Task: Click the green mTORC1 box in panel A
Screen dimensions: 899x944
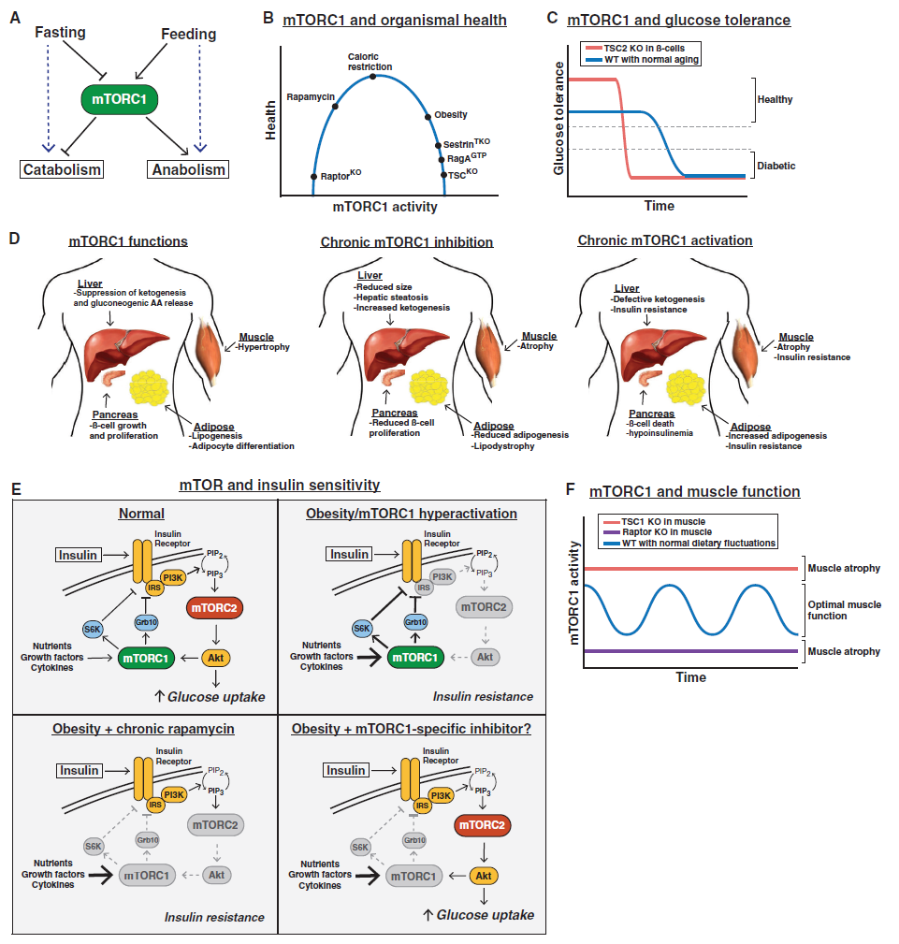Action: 119,99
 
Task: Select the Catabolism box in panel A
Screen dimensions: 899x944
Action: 62,169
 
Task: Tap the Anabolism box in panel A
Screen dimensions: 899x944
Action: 188,169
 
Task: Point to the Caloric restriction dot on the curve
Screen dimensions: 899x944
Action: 372,77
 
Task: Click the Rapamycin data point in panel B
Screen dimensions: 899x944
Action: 335,107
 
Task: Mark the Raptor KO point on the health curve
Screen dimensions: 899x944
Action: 313,177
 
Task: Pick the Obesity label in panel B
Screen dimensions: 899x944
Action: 450,114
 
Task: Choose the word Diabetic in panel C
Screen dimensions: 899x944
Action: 776,166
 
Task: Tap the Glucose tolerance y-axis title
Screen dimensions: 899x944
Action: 558,119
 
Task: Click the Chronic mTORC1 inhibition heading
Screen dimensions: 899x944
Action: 406,242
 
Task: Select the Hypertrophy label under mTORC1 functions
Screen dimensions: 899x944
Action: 263,347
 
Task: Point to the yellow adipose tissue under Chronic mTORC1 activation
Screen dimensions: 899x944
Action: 686,387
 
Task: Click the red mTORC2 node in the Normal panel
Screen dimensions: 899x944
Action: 214,608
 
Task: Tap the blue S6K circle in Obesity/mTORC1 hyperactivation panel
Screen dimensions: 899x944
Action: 362,629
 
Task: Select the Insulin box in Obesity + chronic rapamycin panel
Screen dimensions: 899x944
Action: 79,771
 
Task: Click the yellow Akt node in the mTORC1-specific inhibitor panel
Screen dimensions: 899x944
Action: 484,876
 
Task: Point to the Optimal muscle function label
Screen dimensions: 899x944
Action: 844,610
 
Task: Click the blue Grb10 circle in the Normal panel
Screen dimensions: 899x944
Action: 146,622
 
